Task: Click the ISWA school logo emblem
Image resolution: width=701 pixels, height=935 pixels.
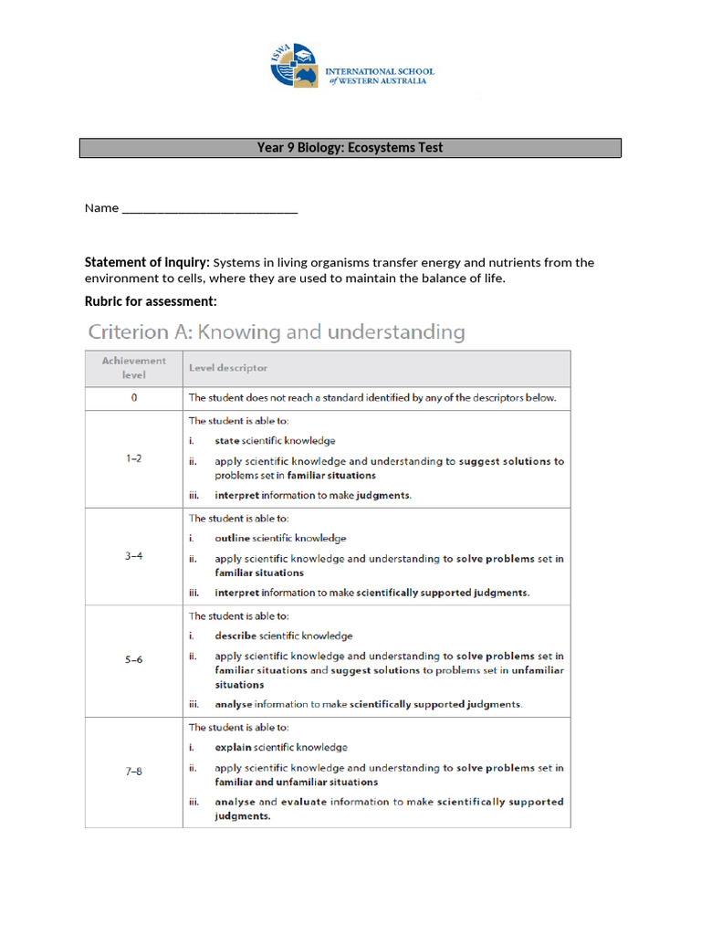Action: click(294, 65)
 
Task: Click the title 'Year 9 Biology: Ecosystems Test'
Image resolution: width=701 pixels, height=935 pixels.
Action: click(350, 148)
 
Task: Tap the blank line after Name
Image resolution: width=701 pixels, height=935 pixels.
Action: click(209, 209)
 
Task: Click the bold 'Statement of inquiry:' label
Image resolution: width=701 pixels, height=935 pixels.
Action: click(147, 263)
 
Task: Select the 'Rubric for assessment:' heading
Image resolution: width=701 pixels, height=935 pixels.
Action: click(151, 301)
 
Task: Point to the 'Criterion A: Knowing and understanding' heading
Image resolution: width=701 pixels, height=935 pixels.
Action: click(276, 332)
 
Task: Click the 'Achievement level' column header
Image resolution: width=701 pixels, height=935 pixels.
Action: click(134, 368)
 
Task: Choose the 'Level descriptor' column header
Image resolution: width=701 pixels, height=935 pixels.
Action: click(228, 368)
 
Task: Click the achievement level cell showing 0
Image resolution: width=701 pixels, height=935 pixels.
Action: click(134, 398)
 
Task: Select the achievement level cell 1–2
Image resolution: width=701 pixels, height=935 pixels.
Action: click(134, 458)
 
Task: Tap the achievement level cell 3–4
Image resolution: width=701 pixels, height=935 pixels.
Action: click(134, 556)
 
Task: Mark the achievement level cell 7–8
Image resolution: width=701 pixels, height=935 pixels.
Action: click(134, 772)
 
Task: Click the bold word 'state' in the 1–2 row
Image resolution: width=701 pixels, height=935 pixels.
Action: click(227, 441)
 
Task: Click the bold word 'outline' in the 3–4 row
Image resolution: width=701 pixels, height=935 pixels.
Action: click(232, 539)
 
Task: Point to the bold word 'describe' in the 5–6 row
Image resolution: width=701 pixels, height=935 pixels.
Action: click(235, 636)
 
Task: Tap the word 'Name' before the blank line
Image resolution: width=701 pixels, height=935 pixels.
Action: click(101, 208)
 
